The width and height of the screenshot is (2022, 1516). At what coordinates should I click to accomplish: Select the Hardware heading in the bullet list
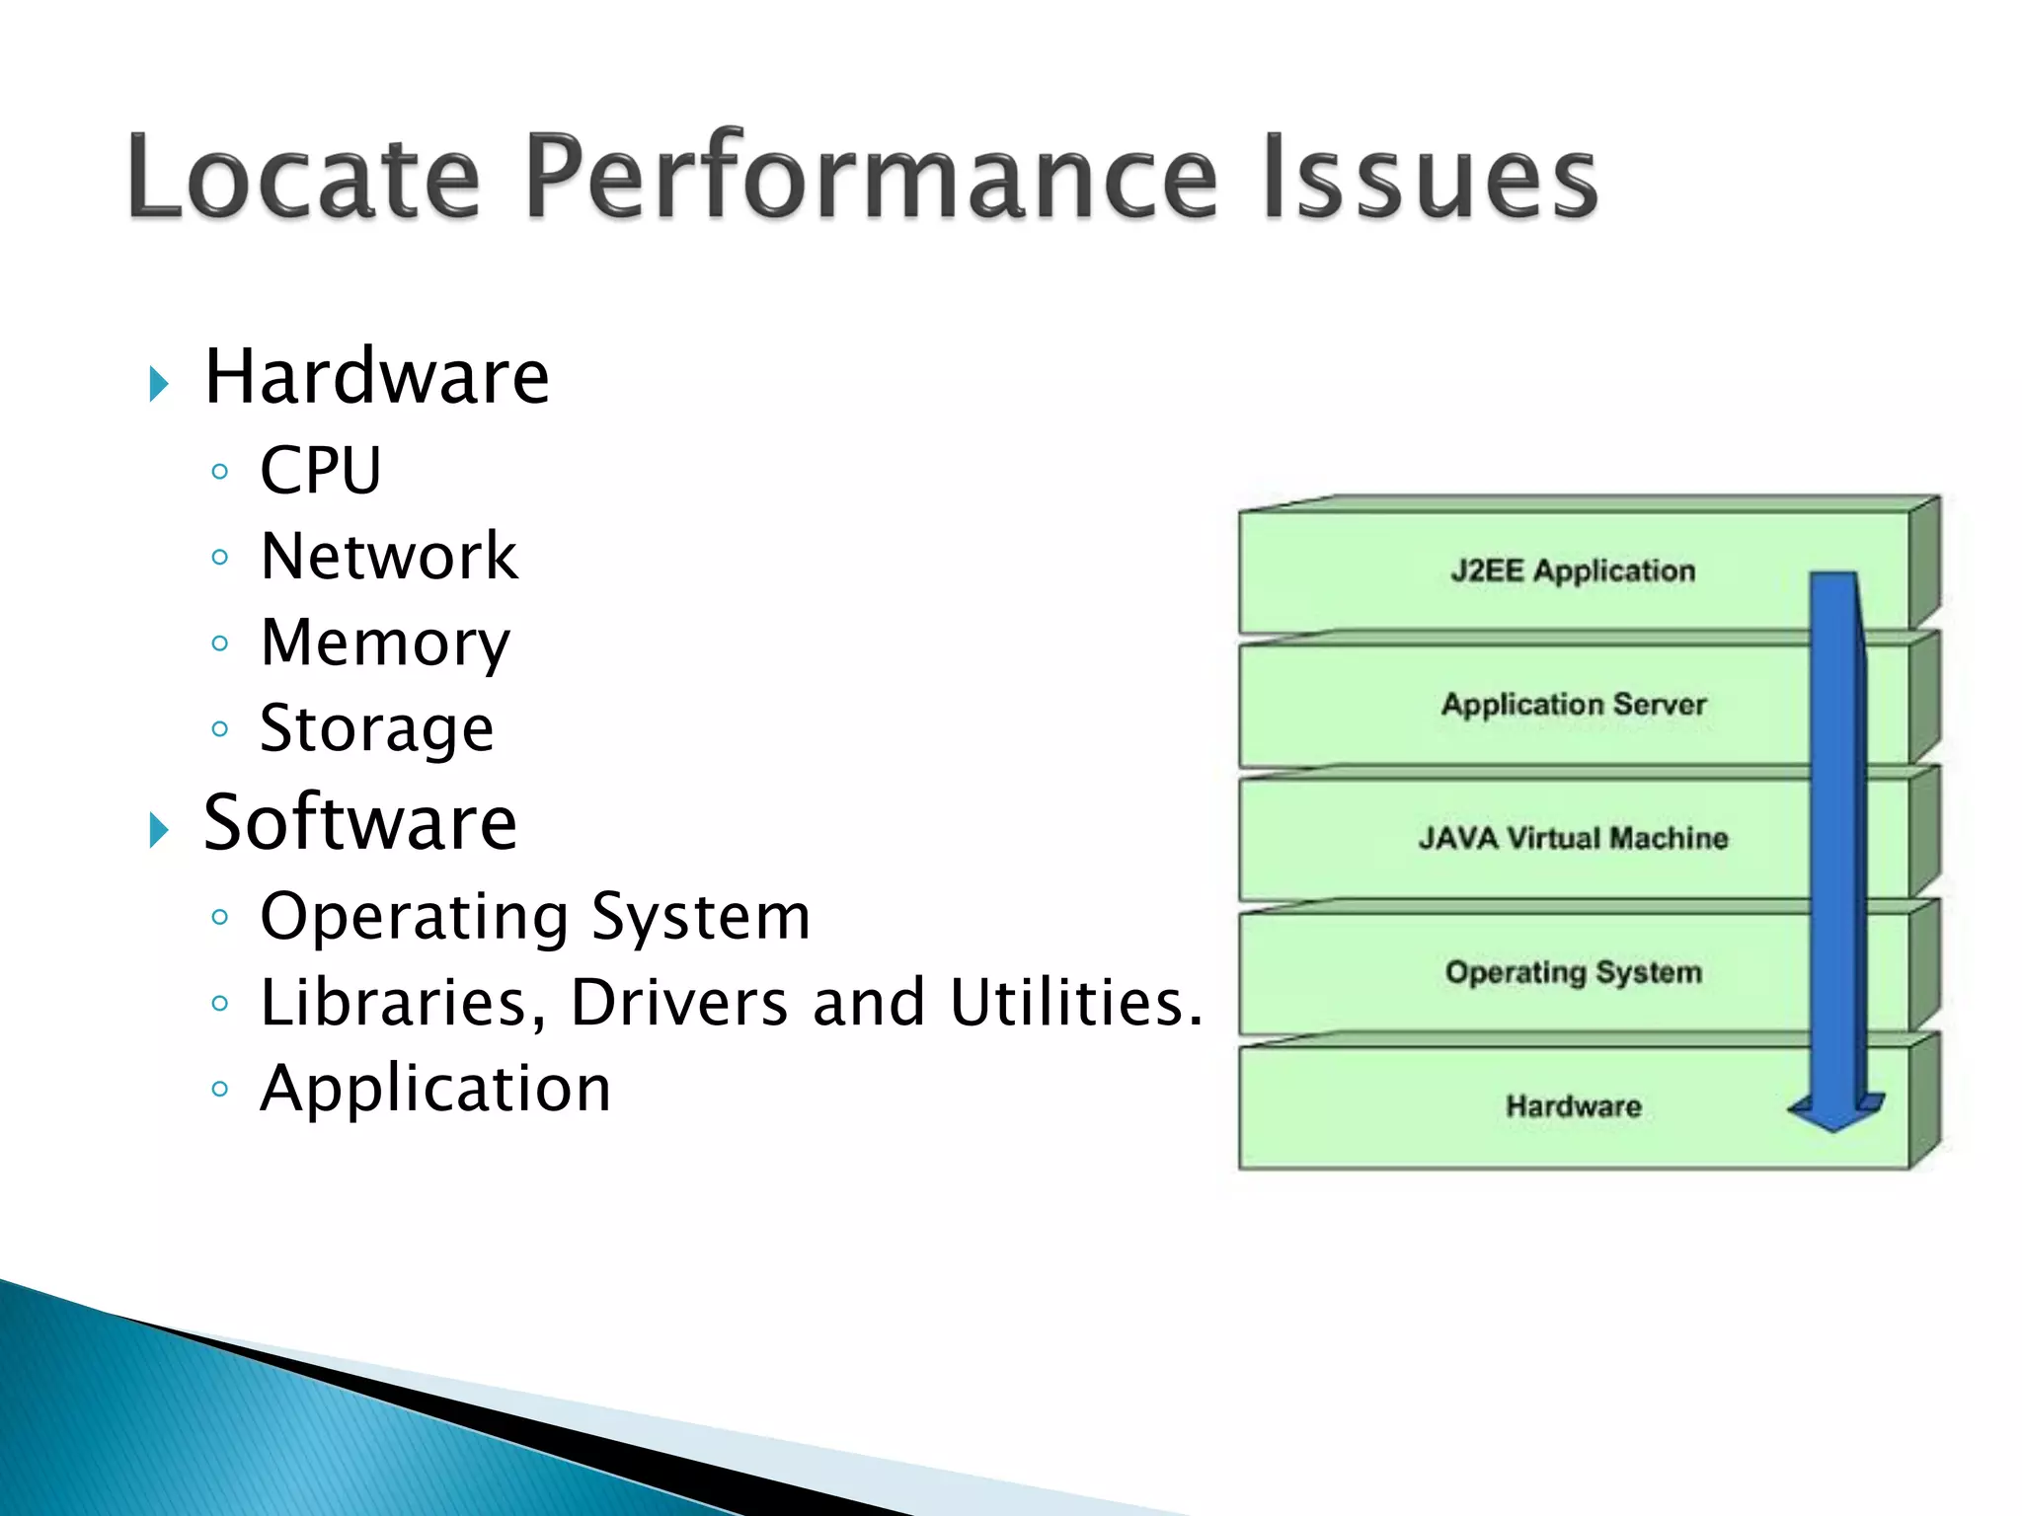click(376, 377)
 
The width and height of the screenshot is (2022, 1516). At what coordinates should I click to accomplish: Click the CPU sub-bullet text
click(320, 470)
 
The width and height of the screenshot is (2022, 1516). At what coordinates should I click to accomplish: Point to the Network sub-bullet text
click(388, 556)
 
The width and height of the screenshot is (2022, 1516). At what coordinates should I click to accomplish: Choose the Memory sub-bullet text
click(385, 643)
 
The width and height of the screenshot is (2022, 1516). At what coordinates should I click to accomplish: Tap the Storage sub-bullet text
click(376, 729)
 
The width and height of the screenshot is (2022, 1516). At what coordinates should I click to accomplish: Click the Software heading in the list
click(359, 822)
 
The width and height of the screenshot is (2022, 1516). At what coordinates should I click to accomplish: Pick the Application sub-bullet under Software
click(435, 1090)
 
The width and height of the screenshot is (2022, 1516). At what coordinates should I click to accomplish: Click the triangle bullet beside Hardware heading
click(159, 383)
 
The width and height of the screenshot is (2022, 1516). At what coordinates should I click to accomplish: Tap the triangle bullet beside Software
click(159, 829)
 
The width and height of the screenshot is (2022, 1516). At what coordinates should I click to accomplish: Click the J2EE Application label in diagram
click(1572, 570)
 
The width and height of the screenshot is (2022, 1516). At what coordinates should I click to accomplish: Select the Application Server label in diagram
click(1574, 705)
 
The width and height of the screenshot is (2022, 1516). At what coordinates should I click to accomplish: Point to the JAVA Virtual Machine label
click(1574, 838)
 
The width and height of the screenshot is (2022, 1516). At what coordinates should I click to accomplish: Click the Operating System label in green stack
click(1574, 972)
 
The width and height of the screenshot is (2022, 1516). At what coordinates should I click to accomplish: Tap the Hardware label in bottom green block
click(1574, 1106)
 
